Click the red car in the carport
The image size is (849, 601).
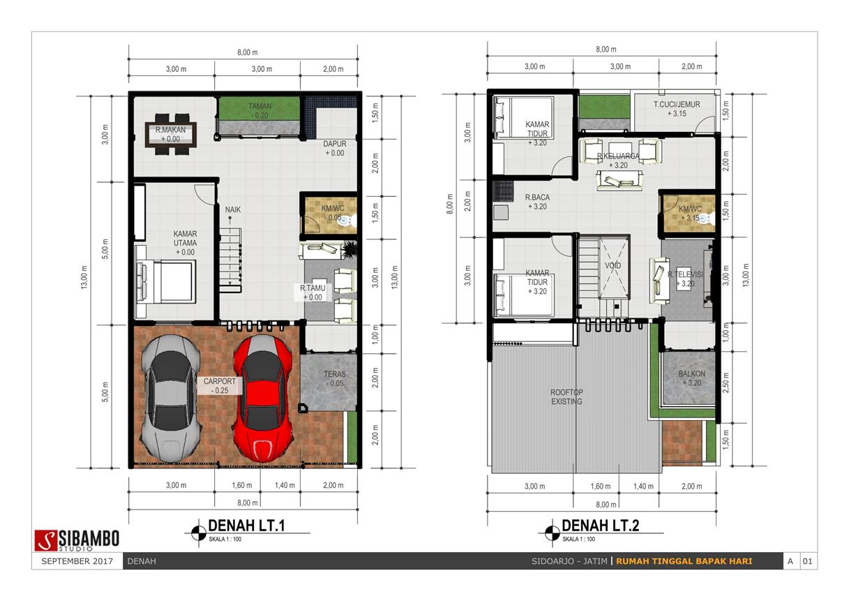(263, 398)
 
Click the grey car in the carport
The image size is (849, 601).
(171, 398)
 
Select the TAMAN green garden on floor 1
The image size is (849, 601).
(260, 108)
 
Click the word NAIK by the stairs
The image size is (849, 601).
(233, 209)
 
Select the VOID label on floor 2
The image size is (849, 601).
(613, 265)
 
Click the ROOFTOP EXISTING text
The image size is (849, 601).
(566, 396)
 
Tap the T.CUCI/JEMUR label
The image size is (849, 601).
(677, 104)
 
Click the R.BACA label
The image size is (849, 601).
(537, 197)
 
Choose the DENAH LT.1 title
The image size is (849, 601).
(246, 526)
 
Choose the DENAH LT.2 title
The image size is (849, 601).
(601, 526)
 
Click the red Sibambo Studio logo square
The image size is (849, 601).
(46, 540)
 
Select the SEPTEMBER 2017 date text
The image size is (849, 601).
(77, 561)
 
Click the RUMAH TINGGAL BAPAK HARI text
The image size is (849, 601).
(684, 561)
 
